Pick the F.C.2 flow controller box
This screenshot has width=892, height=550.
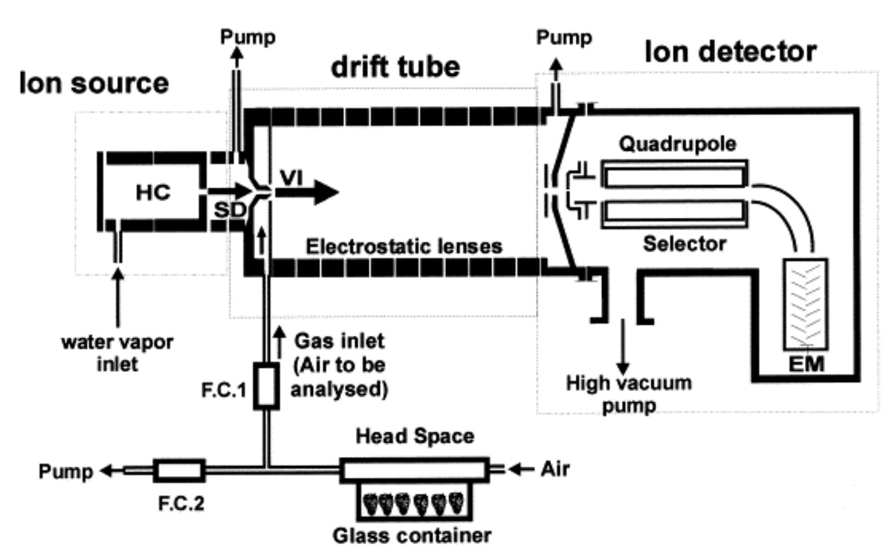pos(178,469)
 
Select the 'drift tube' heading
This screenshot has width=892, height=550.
pos(397,68)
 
